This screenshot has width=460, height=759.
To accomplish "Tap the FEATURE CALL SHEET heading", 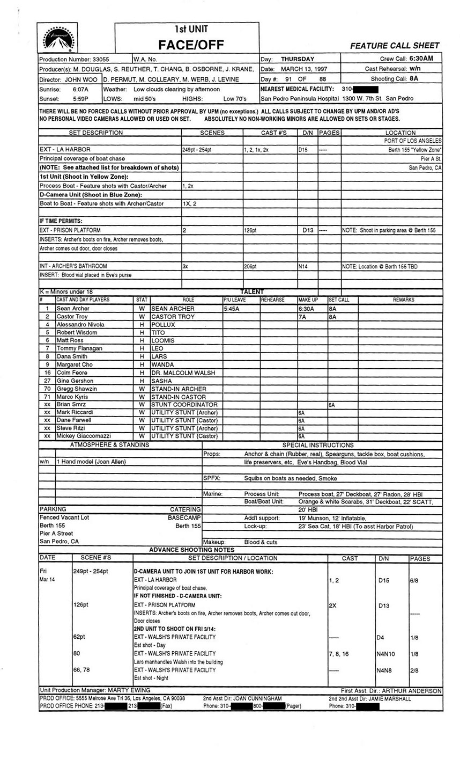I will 395,46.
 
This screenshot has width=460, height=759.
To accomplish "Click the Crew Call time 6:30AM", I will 425,59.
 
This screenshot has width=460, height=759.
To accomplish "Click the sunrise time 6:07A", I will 80,89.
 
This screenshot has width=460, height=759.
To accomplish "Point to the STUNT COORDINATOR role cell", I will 184,404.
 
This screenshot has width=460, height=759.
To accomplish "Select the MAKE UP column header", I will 308,300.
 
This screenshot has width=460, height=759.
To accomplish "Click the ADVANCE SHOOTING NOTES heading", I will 191,550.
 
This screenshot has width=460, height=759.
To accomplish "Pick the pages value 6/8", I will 415,580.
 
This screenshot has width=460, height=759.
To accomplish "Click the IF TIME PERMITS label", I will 61,221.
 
